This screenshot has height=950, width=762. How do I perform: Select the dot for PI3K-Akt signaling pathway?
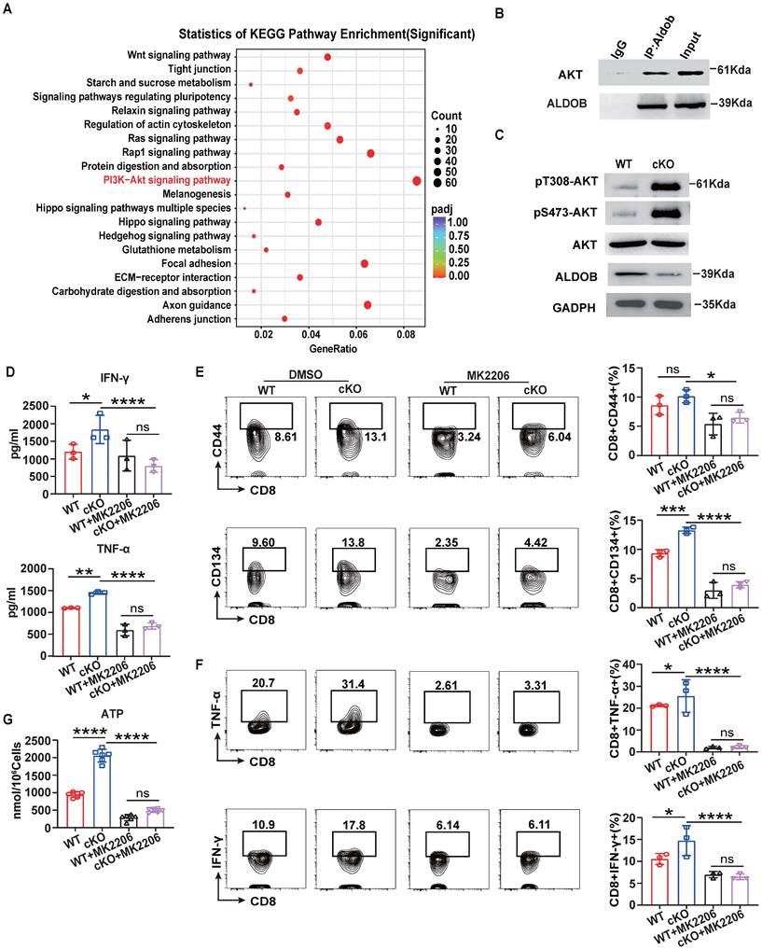[x=416, y=180]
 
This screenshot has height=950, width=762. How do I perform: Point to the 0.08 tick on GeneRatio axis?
[x=406, y=333]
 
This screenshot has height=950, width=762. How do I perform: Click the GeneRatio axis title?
[x=323, y=348]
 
